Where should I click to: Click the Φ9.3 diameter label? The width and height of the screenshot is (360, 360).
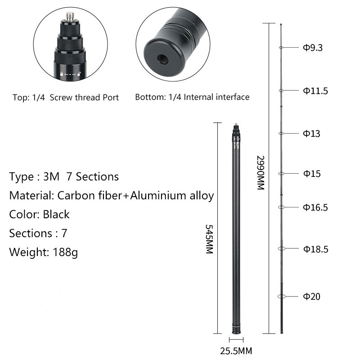point(313,48)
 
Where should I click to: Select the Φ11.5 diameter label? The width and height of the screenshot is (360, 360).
point(315,91)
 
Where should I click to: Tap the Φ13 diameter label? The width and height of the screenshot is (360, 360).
point(311,133)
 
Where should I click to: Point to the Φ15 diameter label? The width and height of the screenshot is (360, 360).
point(312,174)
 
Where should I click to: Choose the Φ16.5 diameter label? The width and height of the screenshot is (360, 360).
point(315,207)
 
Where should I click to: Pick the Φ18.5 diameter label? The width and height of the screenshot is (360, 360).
point(316,249)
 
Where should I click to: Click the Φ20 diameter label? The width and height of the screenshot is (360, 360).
point(311,297)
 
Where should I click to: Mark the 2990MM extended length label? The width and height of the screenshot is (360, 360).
point(261,173)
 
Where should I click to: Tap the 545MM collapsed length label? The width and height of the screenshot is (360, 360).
point(209,239)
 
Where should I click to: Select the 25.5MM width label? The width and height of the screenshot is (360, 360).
point(236,351)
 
